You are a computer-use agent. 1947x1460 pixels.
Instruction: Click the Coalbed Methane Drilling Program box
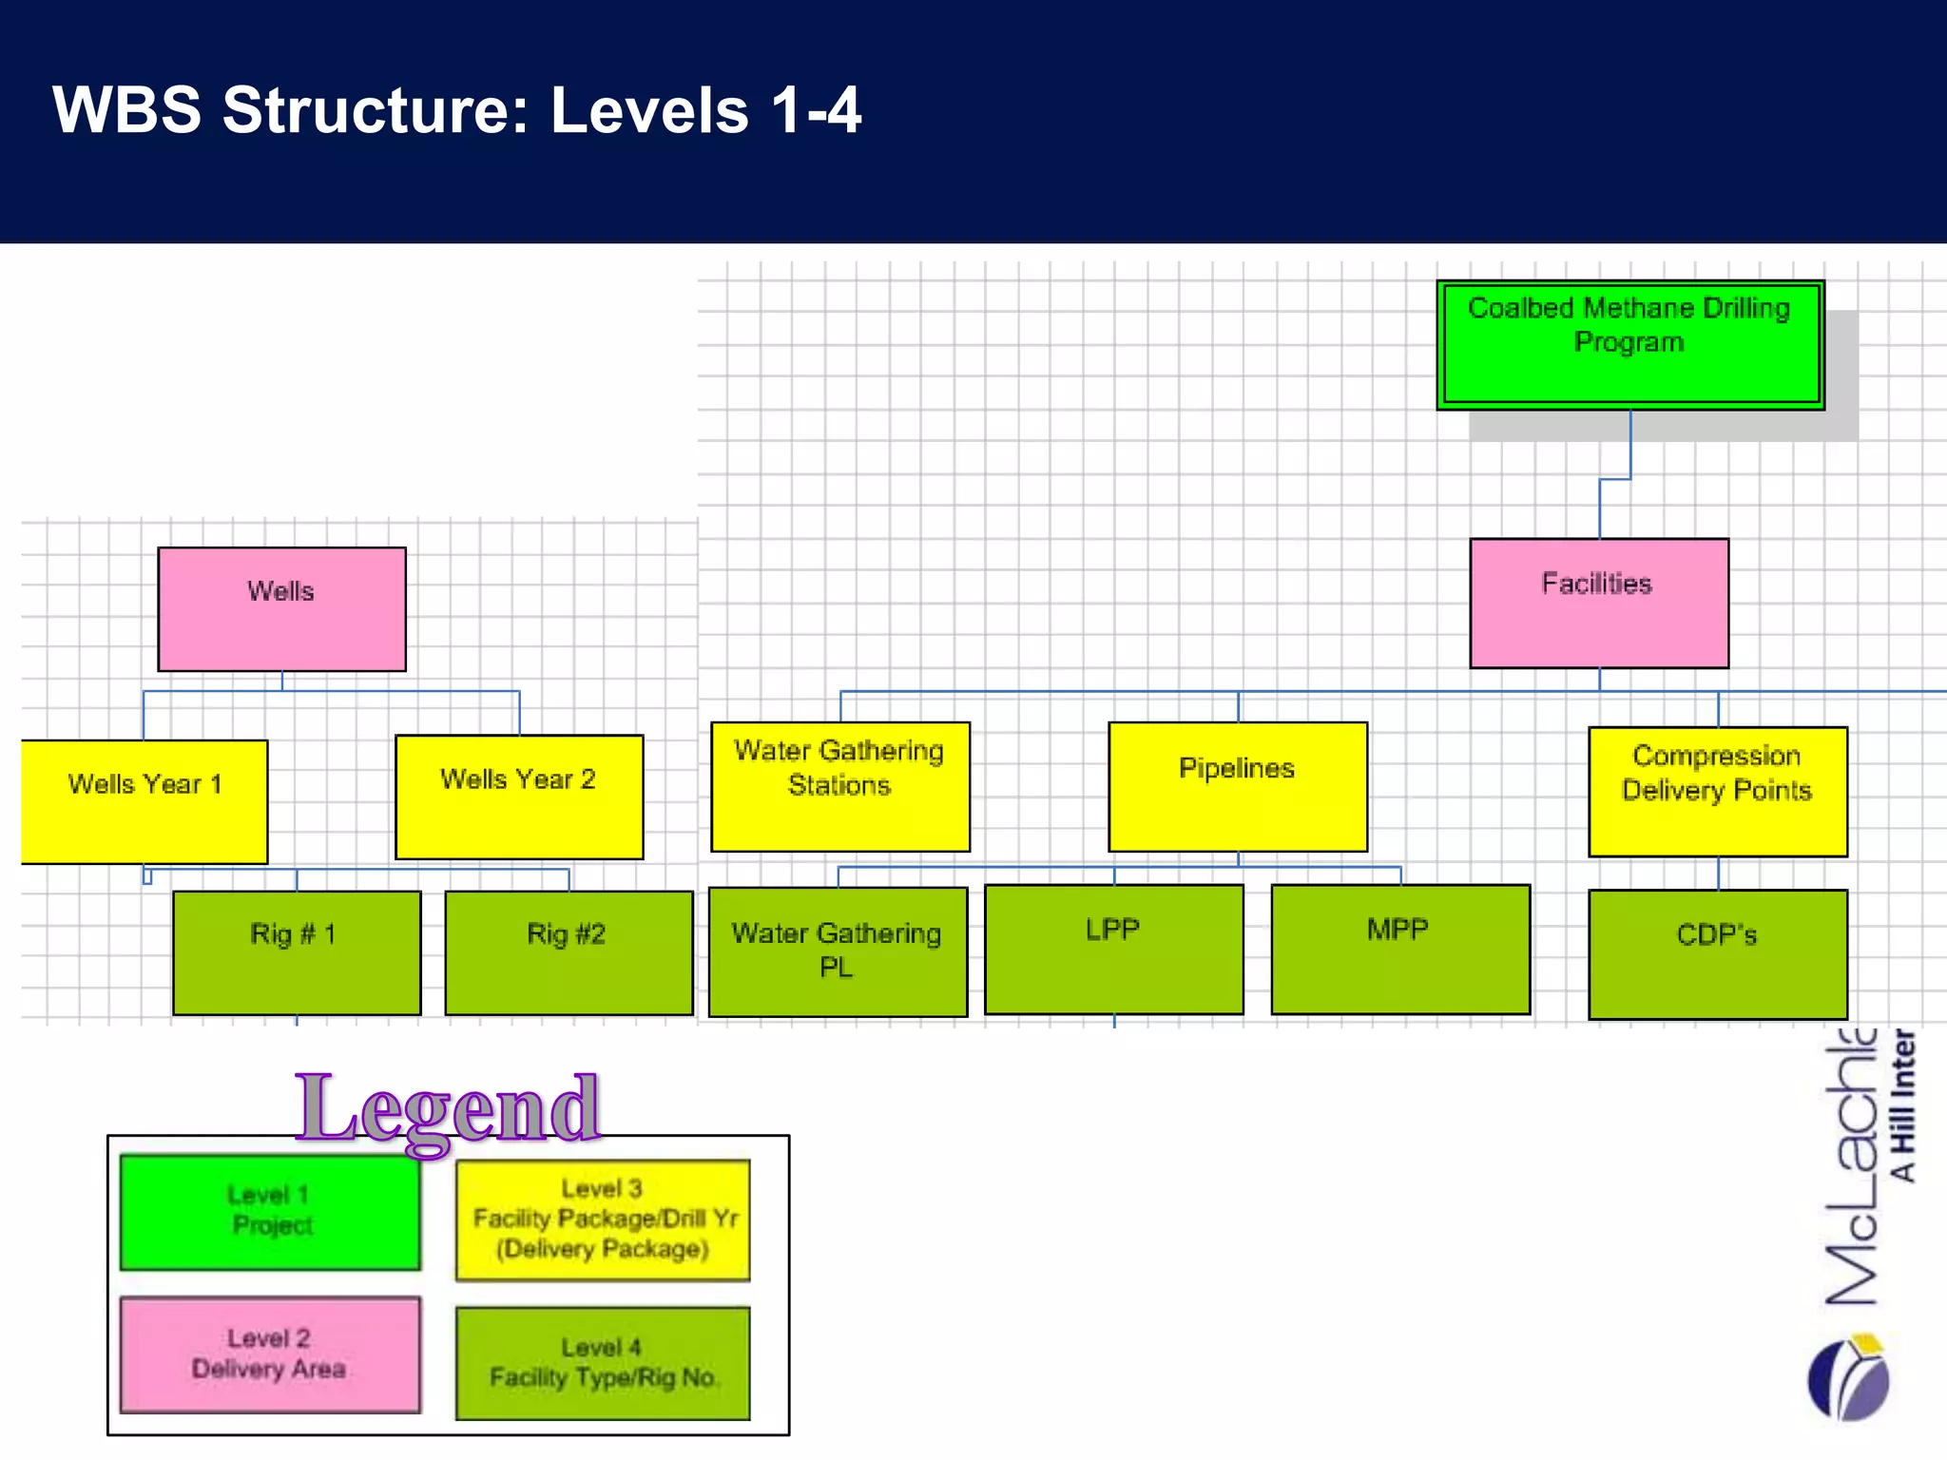pos(1629,345)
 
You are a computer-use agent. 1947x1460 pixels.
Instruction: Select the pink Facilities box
pos(1598,604)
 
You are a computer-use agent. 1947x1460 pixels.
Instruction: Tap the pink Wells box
pos(281,609)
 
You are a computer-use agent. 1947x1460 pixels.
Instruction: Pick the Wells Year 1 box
pos(145,801)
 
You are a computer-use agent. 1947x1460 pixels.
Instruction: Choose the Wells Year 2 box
pos(519,797)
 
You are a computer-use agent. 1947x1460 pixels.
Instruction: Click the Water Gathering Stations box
pos(840,786)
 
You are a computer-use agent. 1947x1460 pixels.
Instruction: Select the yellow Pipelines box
pos(1237,786)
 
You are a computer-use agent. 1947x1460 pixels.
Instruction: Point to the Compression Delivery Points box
pos(1717,791)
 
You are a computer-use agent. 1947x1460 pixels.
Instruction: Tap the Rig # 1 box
pos(297,952)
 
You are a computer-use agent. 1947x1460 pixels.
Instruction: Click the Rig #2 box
pos(569,952)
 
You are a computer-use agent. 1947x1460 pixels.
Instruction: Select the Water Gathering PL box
pos(838,951)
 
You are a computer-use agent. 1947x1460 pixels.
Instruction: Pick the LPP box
pos(1113,949)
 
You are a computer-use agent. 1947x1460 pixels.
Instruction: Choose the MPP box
pos(1399,949)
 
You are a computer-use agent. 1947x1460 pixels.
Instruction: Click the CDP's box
pos(1717,953)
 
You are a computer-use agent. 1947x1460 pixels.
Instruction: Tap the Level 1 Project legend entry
pos(270,1212)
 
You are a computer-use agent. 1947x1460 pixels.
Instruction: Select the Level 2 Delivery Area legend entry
pos(270,1354)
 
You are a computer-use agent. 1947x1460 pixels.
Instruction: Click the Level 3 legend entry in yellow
pos(603,1220)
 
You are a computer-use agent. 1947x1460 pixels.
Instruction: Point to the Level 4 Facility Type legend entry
pos(603,1363)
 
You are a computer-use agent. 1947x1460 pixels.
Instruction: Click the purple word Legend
pos(448,1108)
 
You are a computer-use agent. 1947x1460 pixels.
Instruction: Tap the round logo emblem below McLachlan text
pos(1849,1378)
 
